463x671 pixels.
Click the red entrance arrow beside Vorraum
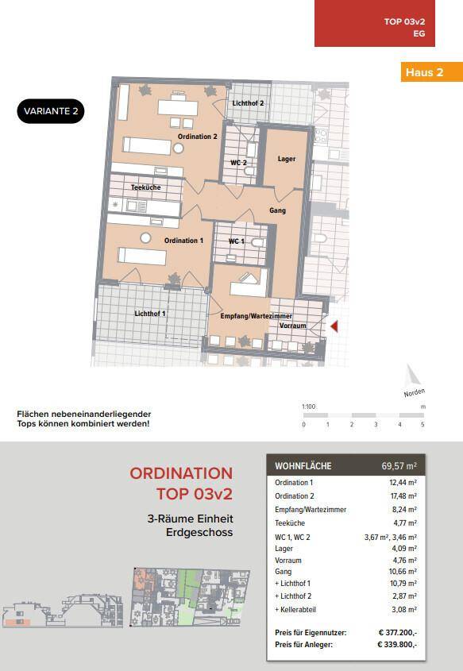(x=334, y=327)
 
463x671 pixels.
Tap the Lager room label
(x=286, y=159)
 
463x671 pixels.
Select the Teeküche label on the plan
(x=146, y=187)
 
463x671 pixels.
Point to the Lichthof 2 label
(x=248, y=103)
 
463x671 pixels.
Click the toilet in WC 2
(x=249, y=172)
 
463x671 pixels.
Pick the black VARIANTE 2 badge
(x=51, y=111)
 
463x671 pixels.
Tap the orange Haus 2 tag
(x=432, y=72)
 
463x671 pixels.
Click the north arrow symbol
(x=411, y=376)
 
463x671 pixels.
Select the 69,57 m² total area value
(x=399, y=465)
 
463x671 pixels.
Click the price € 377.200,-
(x=398, y=632)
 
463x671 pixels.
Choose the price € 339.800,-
(x=398, y=645)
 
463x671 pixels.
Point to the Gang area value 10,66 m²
(x=403, y=571)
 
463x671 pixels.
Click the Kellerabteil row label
(x=295, y=609)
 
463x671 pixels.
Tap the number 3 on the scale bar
(x=376, y=425)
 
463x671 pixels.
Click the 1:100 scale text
(x=308, y=407)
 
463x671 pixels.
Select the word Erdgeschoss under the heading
(x=199, y=532)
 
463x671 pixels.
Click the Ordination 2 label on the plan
(x=197, y=137)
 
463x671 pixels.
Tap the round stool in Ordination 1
(x=145, y=237)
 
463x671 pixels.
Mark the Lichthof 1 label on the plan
(x=150, y=314)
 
